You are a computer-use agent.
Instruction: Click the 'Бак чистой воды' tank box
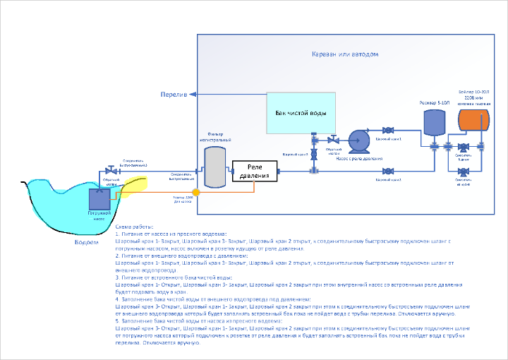[x=301, y=113]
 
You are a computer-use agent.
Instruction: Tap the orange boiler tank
[x=473, y=119]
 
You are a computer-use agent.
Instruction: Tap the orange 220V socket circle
[x=196, y=191]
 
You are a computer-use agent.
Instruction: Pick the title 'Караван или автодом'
[x=346, y=54]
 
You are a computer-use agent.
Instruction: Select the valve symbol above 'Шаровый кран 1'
[x=387, y=131]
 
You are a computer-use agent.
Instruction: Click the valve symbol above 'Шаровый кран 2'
[x=387, y=170]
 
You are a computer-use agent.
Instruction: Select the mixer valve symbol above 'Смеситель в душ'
[x=464, y=148]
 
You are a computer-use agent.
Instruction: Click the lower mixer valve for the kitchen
[x=464, y=170]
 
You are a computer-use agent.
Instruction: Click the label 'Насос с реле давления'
[x=359, y=159]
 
